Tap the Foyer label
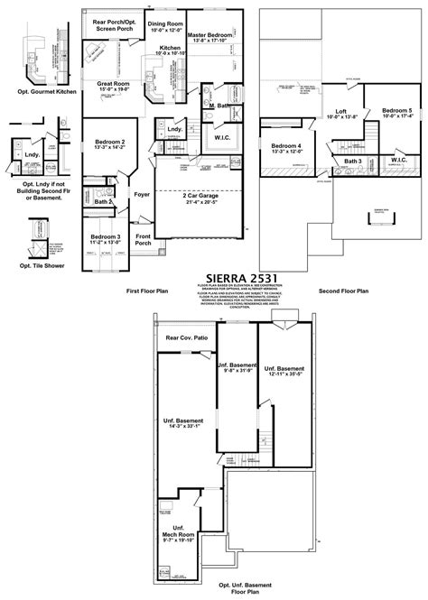click(x=142, y=193)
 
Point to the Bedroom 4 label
click(x=286, y=145)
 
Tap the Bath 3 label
click(x=352, y=162)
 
